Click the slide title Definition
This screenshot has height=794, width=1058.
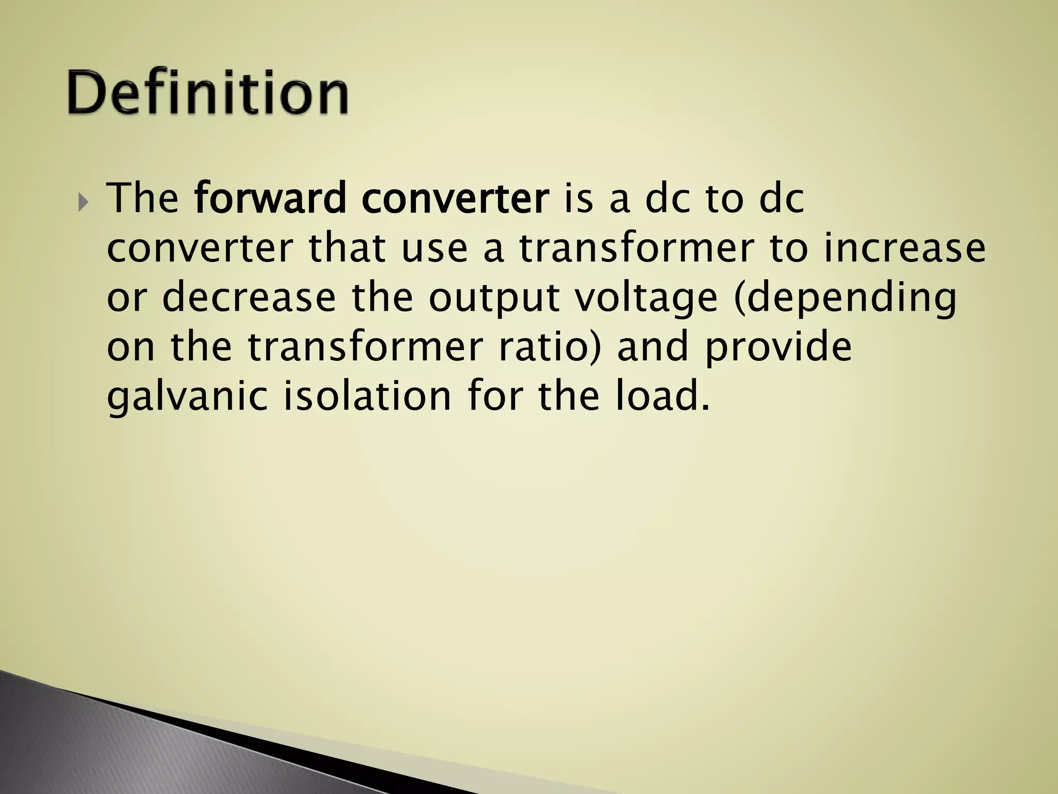tap(208, 92)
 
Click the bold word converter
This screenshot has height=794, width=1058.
tap(455, 199)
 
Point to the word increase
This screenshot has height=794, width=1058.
tap(905, 248)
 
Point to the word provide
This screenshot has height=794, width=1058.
tap(778, 347)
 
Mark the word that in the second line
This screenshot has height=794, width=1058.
tap(347, 248)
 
